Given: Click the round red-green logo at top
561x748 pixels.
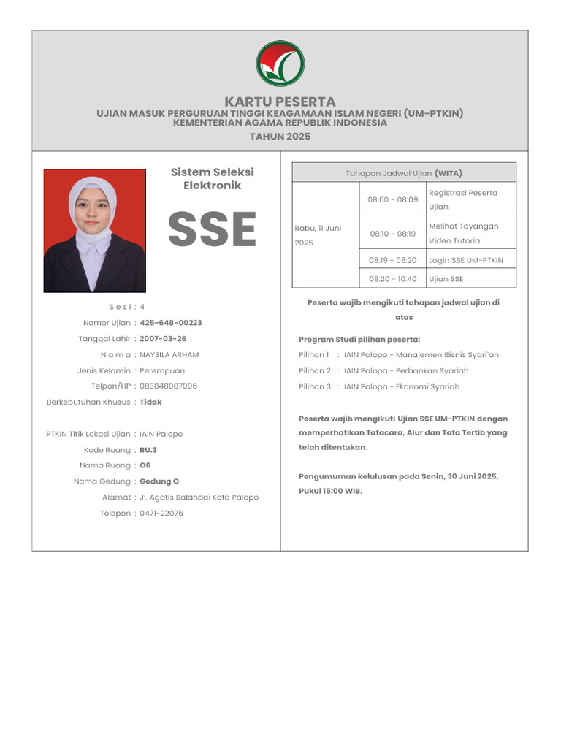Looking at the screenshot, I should pyautogui.click(x=280, y=64).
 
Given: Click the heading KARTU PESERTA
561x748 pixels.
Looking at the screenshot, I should pyautogui.click(x=280, y=102).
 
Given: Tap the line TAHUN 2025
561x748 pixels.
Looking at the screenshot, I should pyautogui.click(x=280, y=137).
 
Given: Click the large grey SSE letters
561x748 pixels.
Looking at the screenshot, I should pyautogui.click(x=212, y=229).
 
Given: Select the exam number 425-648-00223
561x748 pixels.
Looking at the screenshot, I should pyautogui.click(x=171, y=323).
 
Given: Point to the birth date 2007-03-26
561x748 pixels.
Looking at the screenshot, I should pyautogui.click(x=163, y=339).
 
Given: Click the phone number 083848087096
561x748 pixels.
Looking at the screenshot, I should pyautogui.click(x=168, y=386).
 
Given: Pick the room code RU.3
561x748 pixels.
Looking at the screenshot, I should pyautogui.click(x=148, y=450).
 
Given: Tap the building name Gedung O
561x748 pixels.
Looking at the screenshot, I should pyautogui.click(x=159, y=481).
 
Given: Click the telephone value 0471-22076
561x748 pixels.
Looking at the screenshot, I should pyautogui.click(x=161, y=514).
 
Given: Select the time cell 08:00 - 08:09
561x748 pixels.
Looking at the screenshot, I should pyautogui.click(x=393, y=199).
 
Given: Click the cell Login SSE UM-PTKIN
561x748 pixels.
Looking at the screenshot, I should pyautogui.click(x=466, y=260).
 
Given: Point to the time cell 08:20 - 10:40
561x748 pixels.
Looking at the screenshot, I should pyautogui.click(x=393, y=279).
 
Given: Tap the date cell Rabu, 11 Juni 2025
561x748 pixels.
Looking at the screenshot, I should pyautogui.click(x=318, y=235).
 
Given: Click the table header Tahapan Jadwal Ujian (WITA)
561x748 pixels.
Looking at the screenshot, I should pyautogui.click(x=404, y=173).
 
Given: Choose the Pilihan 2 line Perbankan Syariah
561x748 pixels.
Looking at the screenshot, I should pyautogui.click(x=406, y=371).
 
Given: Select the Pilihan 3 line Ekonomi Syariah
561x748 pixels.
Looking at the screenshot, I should pyautogui.click(x=402, y=387).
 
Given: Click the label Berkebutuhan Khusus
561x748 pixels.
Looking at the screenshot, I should pyautogui.click(x=88, y=402).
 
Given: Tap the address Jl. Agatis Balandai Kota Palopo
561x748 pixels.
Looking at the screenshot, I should pyautogui.click(x=199, y=497).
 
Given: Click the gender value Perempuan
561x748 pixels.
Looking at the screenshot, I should pyautogui.click(x=162, y=371).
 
